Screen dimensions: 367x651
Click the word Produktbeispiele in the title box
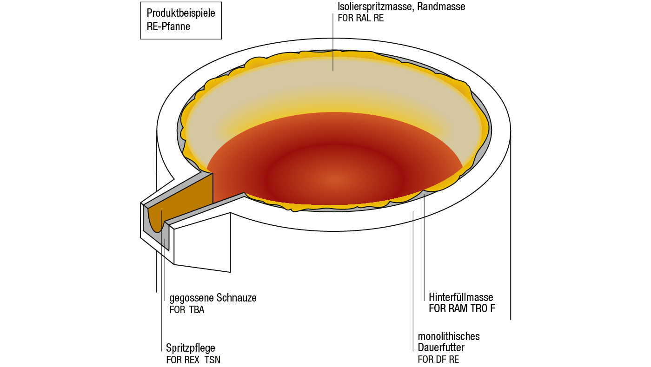pyautogui.click(x=181, y=13)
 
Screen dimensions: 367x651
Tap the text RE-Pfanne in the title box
pyautogui.click(x=168, y=26)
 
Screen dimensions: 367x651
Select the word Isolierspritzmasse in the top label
pyautogui.click(x=375, y=7)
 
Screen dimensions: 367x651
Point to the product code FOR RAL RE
pyautogui.click(x=360, y=19)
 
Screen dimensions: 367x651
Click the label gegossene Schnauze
pyautogui.click(x=213, y=298)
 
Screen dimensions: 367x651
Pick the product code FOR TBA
pyautogui.click(x=186, y=310)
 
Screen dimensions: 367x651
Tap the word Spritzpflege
pyautogui.click(x=191, y=348)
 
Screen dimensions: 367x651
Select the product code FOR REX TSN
pyautogui.click(x=193, y=360)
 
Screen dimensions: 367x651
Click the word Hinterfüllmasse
pyautogui.click(x=461, y=297)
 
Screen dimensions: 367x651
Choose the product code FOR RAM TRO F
pyautogui.click(x=462, y=309)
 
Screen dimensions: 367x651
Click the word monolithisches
pyautogui.click(x=449, y=336)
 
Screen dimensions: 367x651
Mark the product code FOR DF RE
pyautogui.click(x=438, y=359)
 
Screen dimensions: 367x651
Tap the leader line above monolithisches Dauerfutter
pyautogui.click(x=413, y=279)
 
